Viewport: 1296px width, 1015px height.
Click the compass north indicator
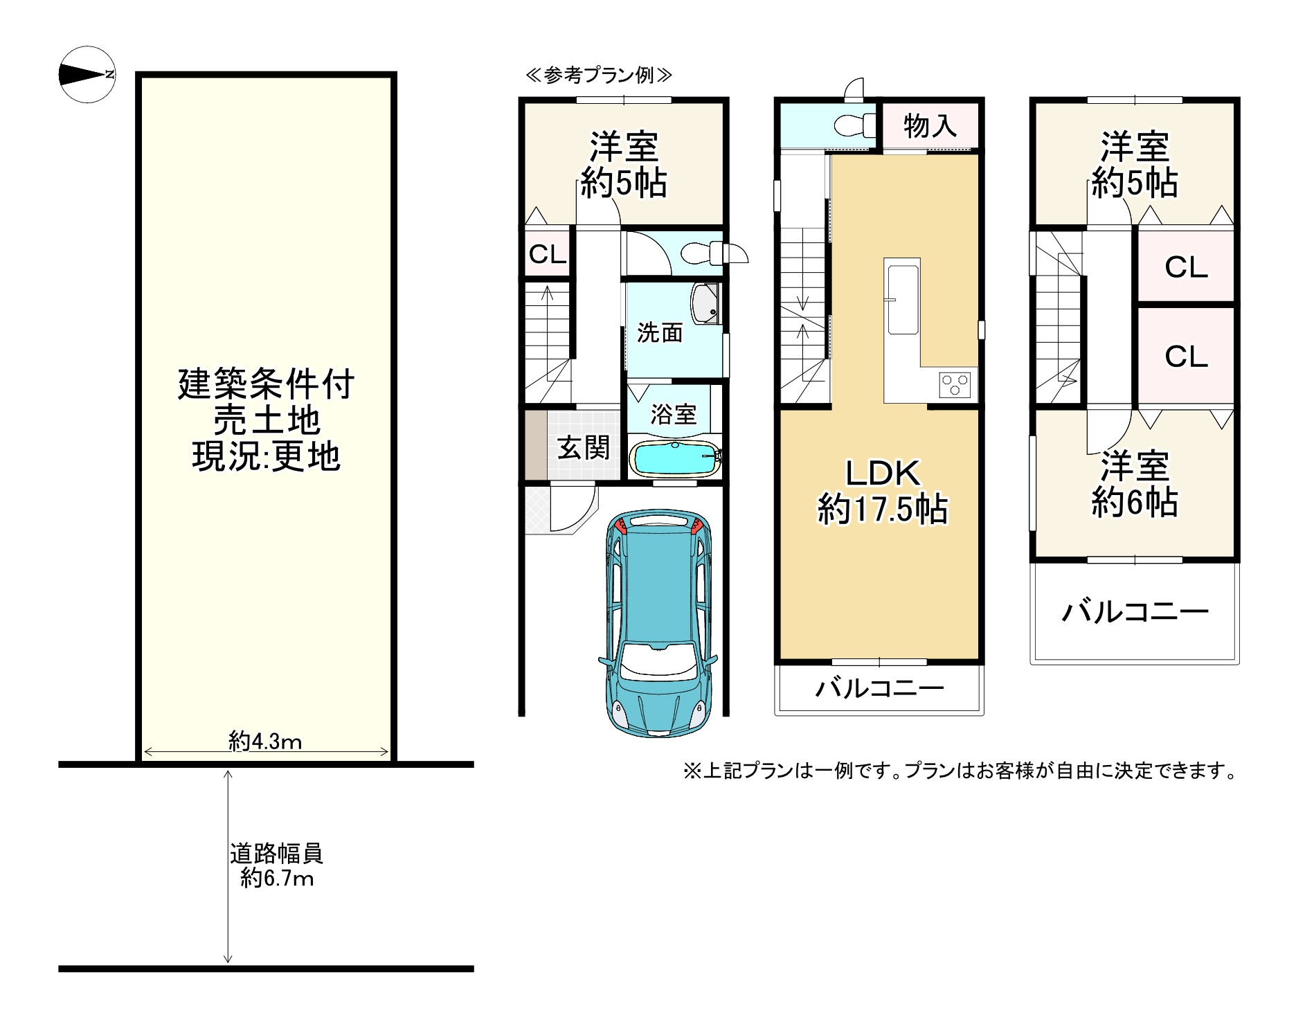pyautogui.click(x=87, y=74)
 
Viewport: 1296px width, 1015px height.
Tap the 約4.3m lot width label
pyautogui.click(x=265, y=742)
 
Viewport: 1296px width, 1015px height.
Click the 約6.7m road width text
pyautogui.click(x=278, y=879)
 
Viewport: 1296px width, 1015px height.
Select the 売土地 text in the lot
pyautogui.click(x=267, y=420)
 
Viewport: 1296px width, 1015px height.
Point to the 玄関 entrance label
pyautogui.click(x=584, y=448)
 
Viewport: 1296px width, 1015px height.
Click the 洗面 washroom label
pyautogui.click(x=660, y=333)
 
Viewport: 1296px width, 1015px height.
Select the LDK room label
pyautogui.click(x=883, y=473)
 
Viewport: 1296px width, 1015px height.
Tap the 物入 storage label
pyautogui.click(x=930, y=126)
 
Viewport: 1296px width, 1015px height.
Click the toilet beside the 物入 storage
pyautogui.click(x=851, y=126)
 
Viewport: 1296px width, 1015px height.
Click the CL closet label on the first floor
pyautogui.click(x=548, y=255)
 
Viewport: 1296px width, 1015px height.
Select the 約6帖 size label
pyautogui.click(x=1135, y=503)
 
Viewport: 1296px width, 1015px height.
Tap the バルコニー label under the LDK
pyautogui.click(x=879, y=688)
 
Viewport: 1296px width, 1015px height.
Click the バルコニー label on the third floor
pyautogui.click(x=1135, y=612)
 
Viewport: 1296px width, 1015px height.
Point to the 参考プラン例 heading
pyautogui.click(x=598, y=75)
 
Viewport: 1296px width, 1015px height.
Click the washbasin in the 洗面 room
pyautogui.click(x=705, y=303)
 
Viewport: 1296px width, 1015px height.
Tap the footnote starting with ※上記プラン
pyautogui.click(x=960, y=771)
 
